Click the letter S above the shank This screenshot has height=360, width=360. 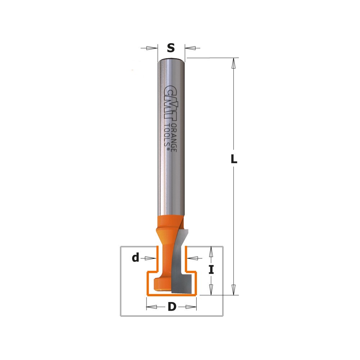[x=171, y=48]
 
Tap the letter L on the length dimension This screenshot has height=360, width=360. [x=234, y=159]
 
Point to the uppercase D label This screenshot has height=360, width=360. [x=172, y=306]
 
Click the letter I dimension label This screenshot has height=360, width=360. [x=211, y=269]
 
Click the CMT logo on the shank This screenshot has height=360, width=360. [x=171, y=103]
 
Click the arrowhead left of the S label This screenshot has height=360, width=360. [x=152, y=48]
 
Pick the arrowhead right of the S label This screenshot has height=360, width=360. [x=190, y=48]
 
